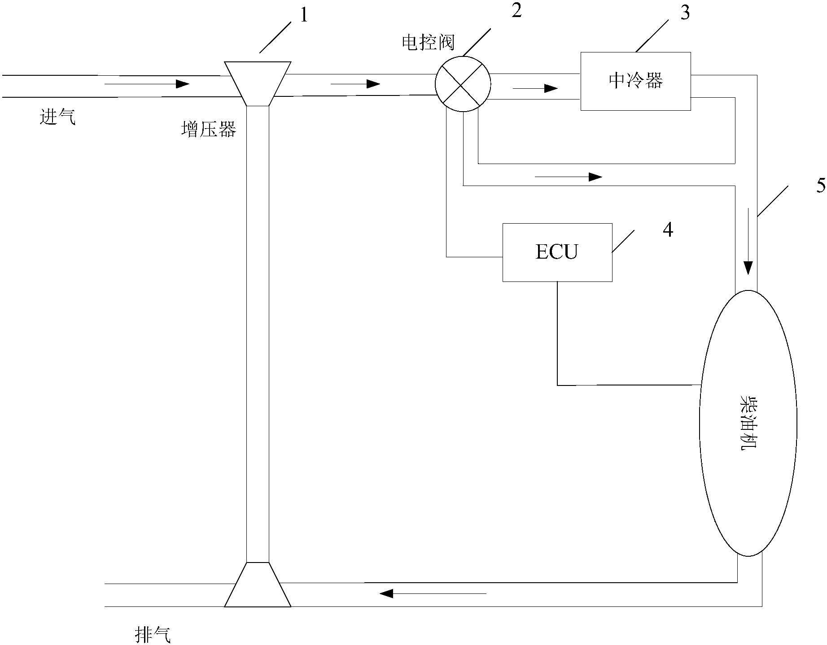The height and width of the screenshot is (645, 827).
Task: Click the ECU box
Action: click(557, 252)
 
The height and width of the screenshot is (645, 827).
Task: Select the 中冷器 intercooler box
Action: click(635, 81)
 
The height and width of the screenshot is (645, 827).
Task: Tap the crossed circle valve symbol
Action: click(463, 84)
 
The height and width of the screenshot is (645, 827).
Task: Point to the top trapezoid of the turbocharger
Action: click(258, 83)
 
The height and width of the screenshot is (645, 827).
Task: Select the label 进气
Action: click(58, 118)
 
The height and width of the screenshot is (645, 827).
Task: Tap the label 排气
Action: click(153, 635)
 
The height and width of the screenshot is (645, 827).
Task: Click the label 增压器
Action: click(208, 130)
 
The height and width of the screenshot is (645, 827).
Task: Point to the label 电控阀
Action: click(428, 43)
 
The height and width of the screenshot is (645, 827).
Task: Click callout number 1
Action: click(304, 16)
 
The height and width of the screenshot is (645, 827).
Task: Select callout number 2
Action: click(516, 11)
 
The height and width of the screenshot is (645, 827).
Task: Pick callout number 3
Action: click(685, 13)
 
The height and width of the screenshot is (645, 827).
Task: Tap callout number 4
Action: click(668, 230)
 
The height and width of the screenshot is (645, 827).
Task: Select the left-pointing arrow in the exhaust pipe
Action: click(433, 594)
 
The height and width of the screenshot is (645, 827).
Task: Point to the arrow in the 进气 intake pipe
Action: click(147, 84)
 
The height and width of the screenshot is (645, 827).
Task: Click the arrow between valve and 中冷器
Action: click(535, 88)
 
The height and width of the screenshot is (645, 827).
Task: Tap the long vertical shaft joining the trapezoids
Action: click(258, 334)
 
